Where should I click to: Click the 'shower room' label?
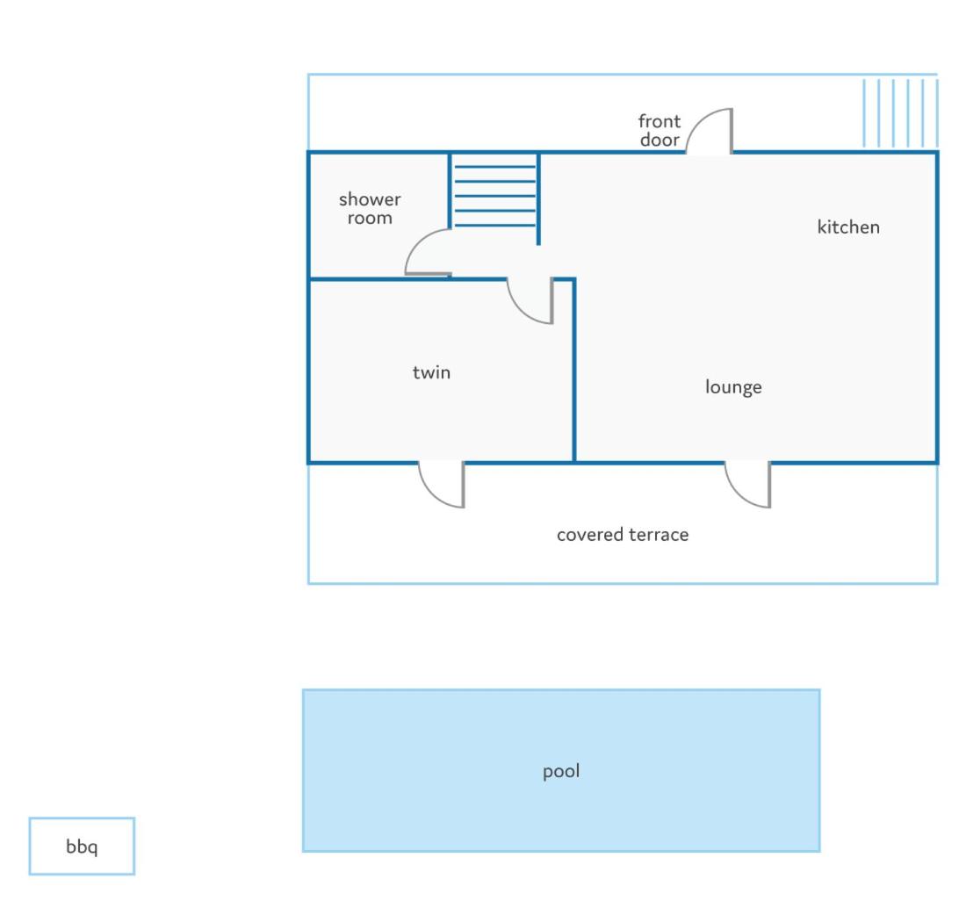370,208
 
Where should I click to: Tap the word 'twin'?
431,372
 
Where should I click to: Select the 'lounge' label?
733,387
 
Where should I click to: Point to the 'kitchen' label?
848,227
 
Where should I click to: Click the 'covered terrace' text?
623,534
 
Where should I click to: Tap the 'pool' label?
560,771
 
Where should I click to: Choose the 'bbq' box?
82,846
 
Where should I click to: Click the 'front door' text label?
660,130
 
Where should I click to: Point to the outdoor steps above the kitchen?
900,112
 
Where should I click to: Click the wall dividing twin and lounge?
574,371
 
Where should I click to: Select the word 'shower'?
370,199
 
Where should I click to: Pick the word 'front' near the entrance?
660,120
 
